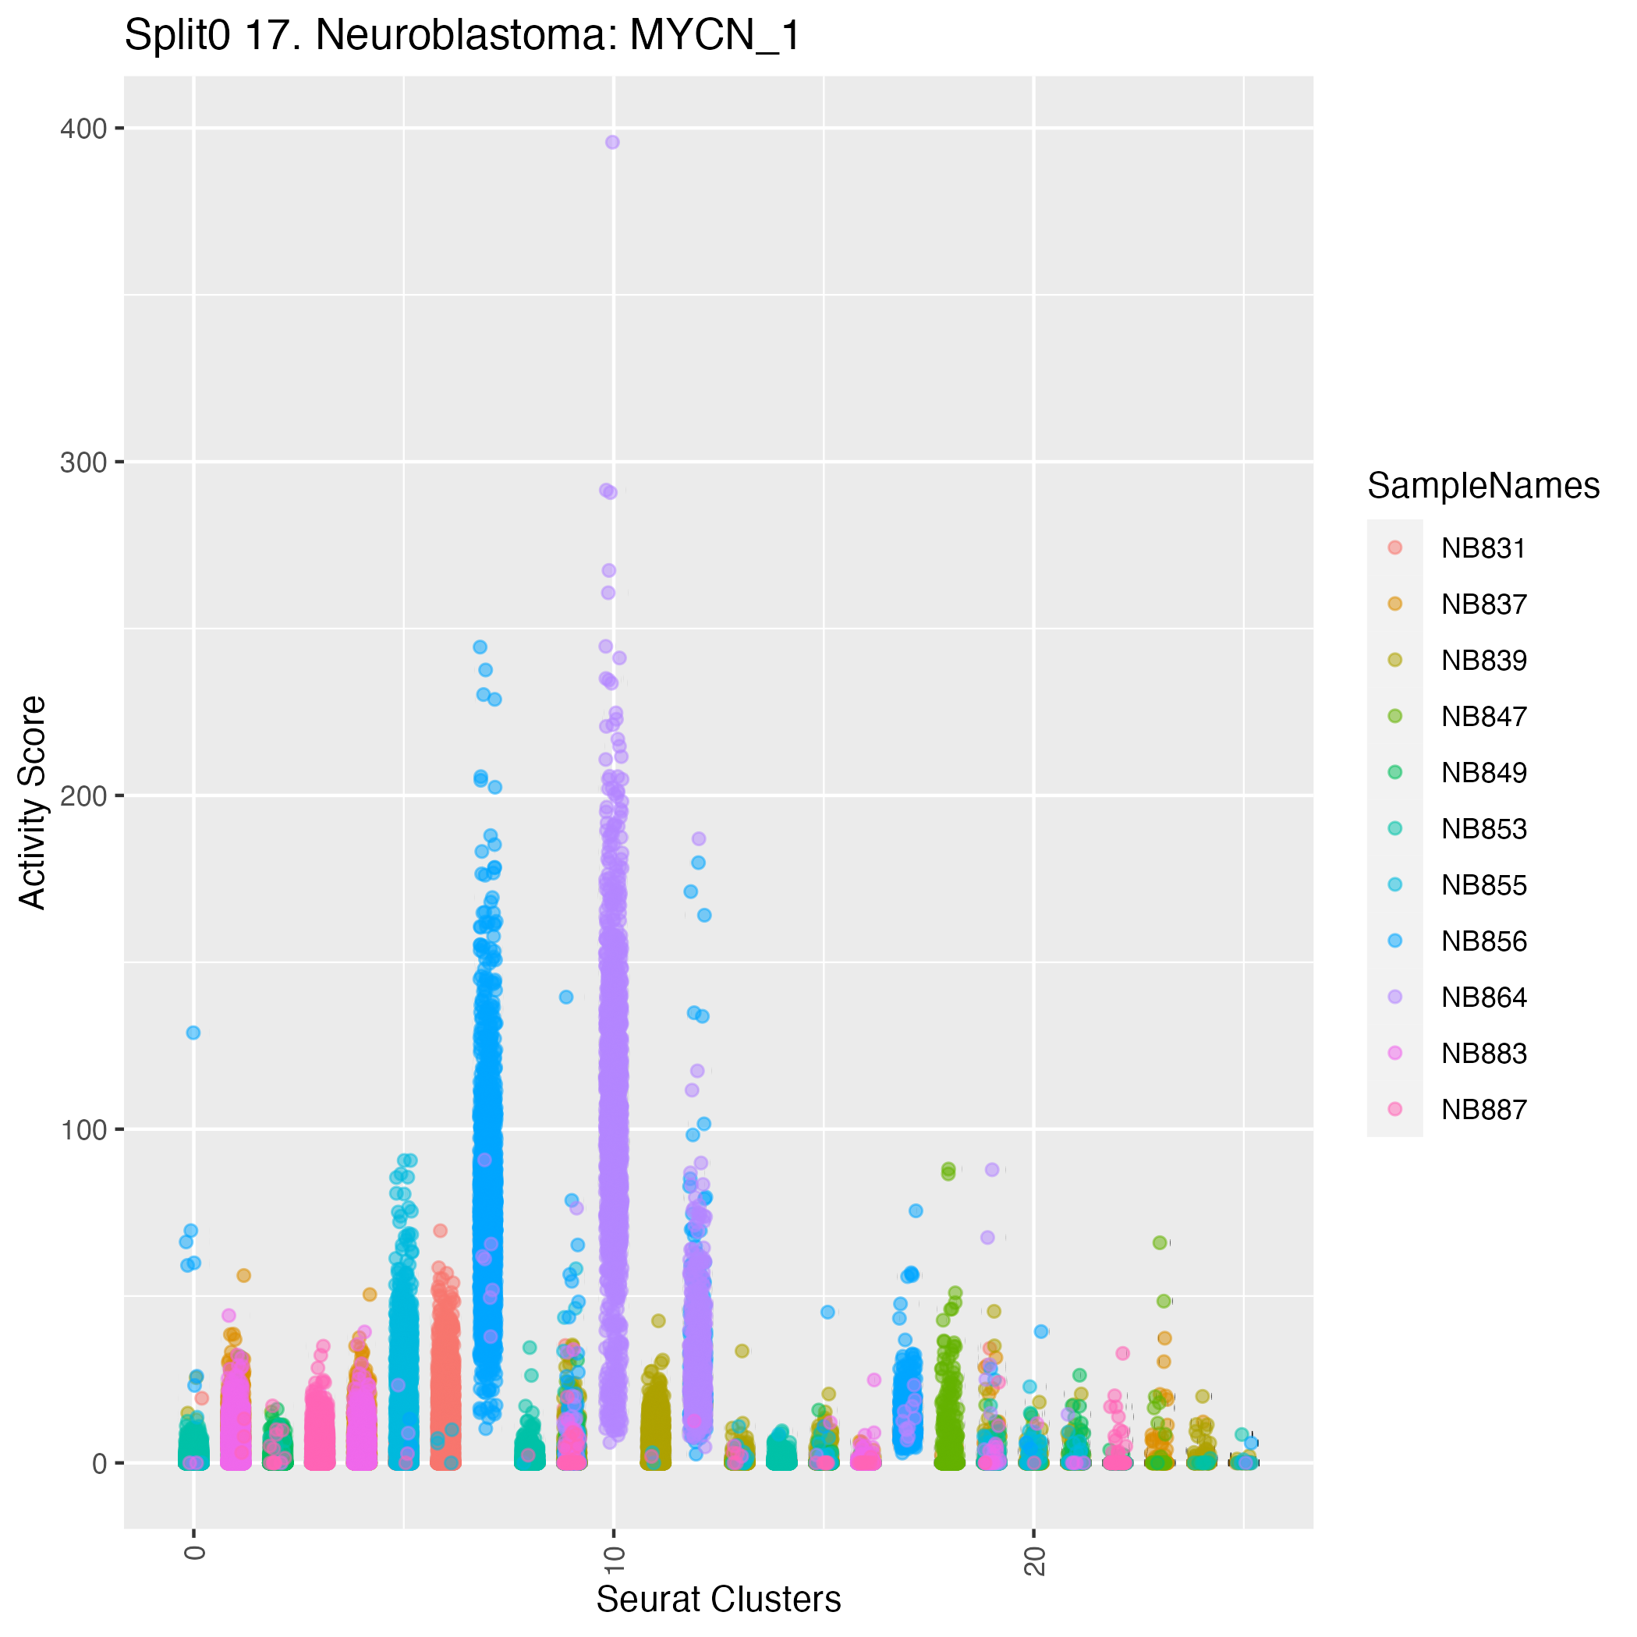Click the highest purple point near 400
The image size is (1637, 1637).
611,143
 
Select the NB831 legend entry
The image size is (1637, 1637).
1483,548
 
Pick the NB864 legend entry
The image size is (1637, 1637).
1483,997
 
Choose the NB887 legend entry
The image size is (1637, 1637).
1483,1109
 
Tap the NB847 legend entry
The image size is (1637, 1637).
1483,717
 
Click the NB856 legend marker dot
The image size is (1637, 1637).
1394,941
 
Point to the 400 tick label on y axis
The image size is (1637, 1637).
83,129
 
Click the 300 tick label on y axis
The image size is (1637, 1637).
83,462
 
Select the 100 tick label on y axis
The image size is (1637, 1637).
83,1129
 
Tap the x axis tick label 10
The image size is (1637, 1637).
612,1561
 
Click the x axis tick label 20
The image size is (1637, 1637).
1033,1561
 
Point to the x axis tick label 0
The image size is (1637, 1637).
194,1552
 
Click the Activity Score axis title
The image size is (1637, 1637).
33,803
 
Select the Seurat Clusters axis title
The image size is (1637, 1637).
718,1600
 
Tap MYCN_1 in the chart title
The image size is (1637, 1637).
714,37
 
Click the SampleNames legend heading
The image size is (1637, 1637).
1483,487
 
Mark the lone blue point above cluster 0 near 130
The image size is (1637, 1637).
193,1032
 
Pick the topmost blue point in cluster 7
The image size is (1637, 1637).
480,647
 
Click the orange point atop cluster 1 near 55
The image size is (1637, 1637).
243,1275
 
